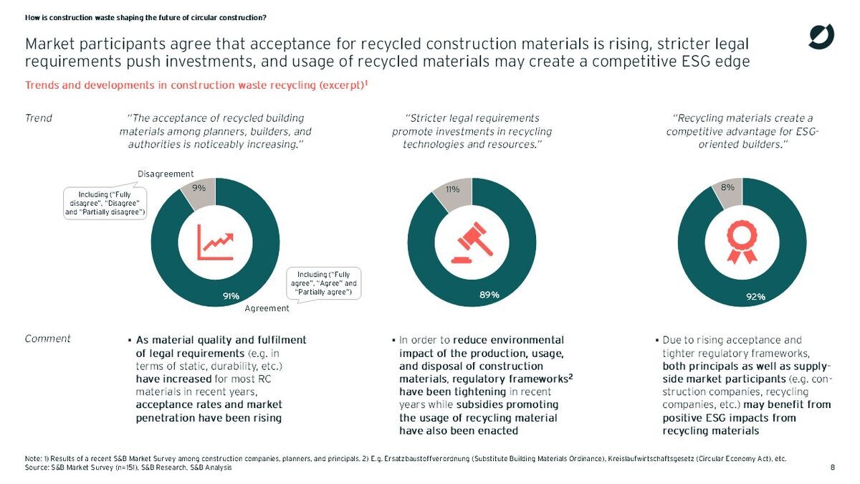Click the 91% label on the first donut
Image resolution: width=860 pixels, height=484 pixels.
pos(230,295)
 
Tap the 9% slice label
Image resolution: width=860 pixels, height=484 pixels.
pos(199,188)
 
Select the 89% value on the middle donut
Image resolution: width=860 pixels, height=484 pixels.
pos(489,295)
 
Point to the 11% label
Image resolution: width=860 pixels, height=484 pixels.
pos(452,189)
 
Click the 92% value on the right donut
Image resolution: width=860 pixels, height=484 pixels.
pos(756,295)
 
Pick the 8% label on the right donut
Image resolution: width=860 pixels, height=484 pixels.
pos(727,188)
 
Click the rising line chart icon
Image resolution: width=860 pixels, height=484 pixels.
pos(215,243)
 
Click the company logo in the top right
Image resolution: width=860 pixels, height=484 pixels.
pos(821,37)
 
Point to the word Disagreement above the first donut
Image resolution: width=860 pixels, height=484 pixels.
pos(166,174)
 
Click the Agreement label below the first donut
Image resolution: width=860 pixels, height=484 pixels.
pos(267,309)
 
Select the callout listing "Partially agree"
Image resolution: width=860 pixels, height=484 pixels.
pos(322,283)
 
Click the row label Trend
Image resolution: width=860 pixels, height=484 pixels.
pos(38,118)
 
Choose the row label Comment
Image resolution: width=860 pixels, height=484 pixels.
pos(47,338)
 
